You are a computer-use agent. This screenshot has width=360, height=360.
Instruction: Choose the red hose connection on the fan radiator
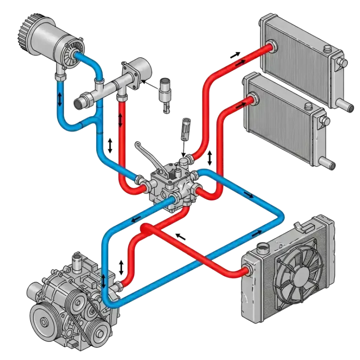point(247,271)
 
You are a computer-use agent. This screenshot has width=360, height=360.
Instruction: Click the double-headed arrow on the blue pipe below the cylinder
point(60,99)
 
